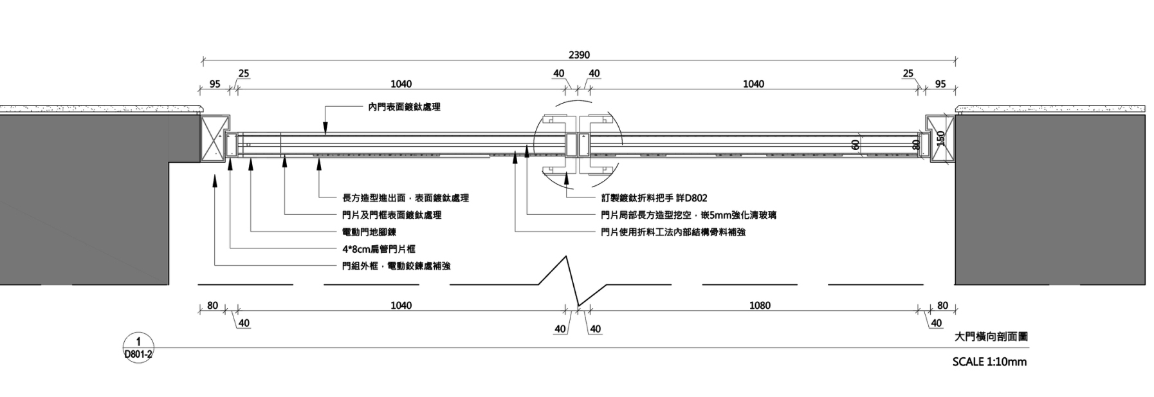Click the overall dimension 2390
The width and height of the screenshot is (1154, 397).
(x=579, y=55)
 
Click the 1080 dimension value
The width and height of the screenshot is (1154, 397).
(x=760, y=305)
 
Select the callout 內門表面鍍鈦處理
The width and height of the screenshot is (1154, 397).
(x=404, y=107)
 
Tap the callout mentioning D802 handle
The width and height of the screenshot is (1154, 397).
(x=654, y=198)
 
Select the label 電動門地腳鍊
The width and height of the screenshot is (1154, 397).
(x=369, y=232)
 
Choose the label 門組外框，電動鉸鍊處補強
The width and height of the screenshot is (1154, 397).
(x=396, y=266)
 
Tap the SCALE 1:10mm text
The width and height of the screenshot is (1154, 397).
(x=989, y=362)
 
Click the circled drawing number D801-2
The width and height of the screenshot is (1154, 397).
(x=138, y=348)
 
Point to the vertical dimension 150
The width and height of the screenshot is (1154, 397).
(x=941, y=138)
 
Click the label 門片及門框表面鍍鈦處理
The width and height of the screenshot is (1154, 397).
(x=391, y=215)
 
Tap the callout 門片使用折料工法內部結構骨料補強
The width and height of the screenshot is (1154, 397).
(x=673, y=232)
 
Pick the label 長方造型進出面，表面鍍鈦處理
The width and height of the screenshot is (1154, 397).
(x=405, y=198)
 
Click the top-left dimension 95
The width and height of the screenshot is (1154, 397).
(x=215, y=84)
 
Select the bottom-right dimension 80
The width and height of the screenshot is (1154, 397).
(x=942, y=306)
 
